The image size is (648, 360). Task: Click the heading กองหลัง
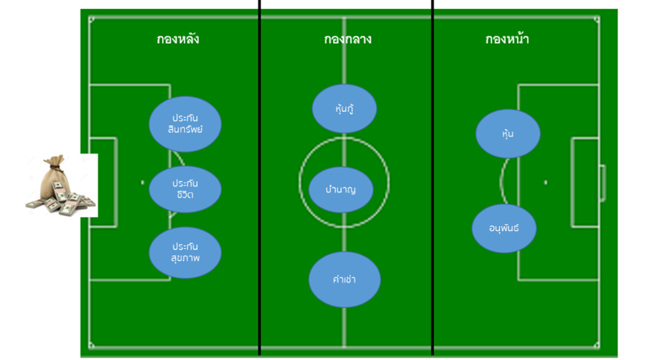[x=178, y=40]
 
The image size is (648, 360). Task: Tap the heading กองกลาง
[x=343, y=40]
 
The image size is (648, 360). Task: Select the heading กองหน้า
[x=507, y=40]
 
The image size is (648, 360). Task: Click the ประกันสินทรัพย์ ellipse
[x=185, y=124]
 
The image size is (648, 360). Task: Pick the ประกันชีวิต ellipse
[x=185, y=189]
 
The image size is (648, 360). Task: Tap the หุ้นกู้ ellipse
[x=343, y=109]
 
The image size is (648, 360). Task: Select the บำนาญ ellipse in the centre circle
[x=340, y=189]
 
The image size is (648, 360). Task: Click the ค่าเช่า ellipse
[x=345, y=280]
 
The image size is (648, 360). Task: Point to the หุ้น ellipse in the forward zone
[x=508, y=133]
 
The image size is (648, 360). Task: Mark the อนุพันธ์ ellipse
[x=504, y=228]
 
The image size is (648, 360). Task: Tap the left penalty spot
[x=142, y=182]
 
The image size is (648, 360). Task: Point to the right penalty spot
[x=546, y=182]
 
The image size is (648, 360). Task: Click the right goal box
[x=585, y=182]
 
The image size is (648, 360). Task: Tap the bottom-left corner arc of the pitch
[x=92, y=345]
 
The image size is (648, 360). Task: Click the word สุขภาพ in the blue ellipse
[x=185, y=259]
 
